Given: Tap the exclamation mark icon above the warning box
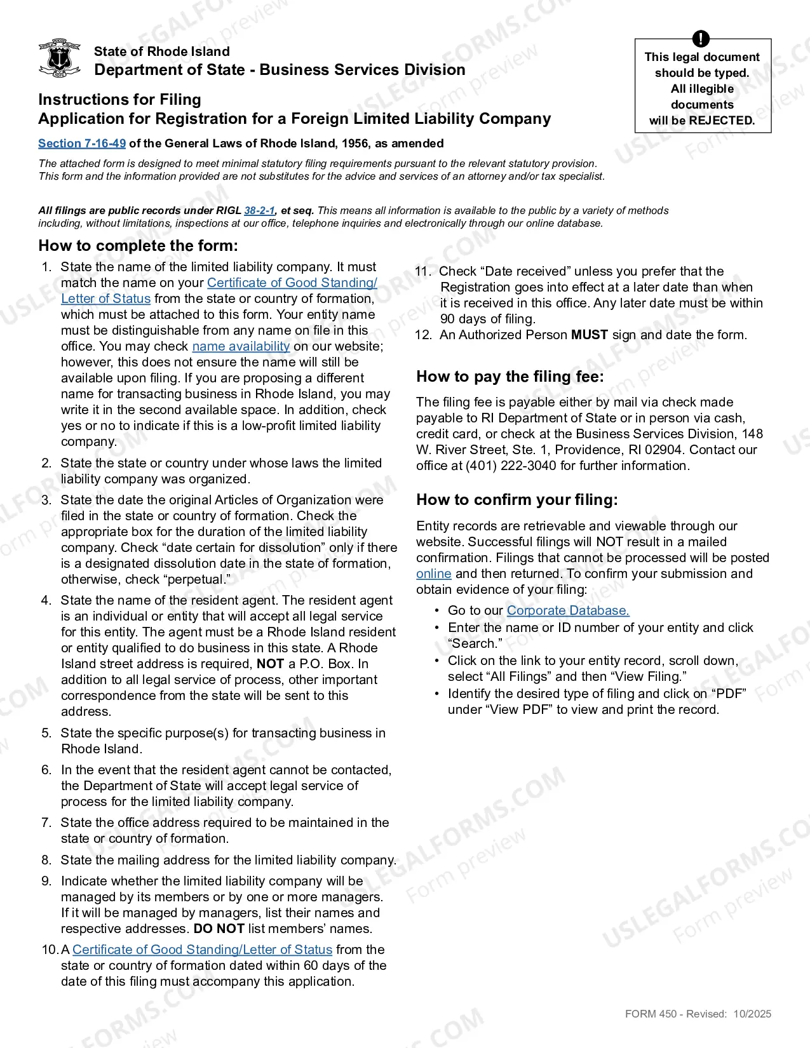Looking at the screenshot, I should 700,39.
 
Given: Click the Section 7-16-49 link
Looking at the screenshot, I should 82,144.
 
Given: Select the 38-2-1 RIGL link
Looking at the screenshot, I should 259,211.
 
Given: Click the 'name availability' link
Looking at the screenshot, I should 241,346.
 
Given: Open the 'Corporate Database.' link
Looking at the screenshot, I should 567,610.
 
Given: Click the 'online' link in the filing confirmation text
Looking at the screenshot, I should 433,574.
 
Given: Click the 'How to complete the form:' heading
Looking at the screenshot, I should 138,246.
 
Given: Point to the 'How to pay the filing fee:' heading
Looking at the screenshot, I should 510,377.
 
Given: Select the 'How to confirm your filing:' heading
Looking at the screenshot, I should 516,500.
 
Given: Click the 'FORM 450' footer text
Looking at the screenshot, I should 651,1014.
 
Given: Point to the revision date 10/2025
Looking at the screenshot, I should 752,1014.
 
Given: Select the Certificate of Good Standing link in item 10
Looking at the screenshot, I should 202,950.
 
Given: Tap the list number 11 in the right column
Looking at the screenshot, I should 422,271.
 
